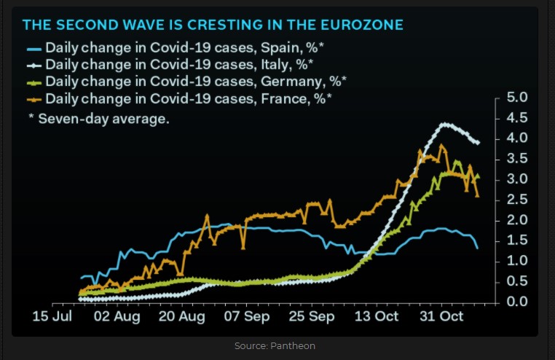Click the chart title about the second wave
(x=213, y=26)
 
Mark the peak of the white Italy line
(x=444, y=124)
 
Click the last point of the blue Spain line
(x=477, y=248)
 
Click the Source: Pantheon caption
(x=275, y=345)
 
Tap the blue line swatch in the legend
(x=34, y=49)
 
